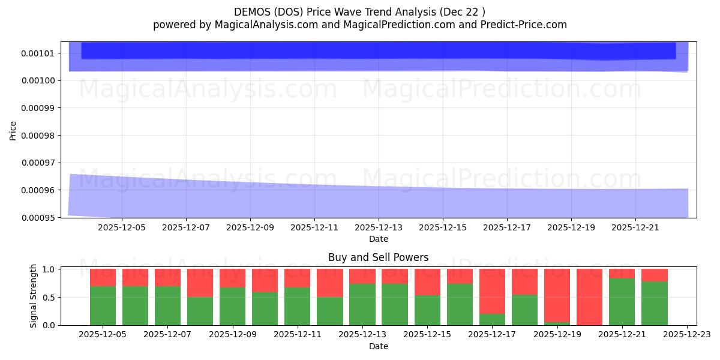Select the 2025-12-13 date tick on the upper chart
(379, 228)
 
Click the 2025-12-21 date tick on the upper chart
(635, 228)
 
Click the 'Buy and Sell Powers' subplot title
(378, 258)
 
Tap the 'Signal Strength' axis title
(34, 296)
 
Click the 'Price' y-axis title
(13, 130)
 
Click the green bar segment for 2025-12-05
(103, 305)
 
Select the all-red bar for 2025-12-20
(589, 296)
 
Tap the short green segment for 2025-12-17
(492, 319)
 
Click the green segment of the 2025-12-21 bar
(622, 302)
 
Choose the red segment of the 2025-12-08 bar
(200, 283)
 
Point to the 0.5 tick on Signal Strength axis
(50, 297)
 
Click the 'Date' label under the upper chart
(378, 239)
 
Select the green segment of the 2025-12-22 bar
(654, 303)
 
